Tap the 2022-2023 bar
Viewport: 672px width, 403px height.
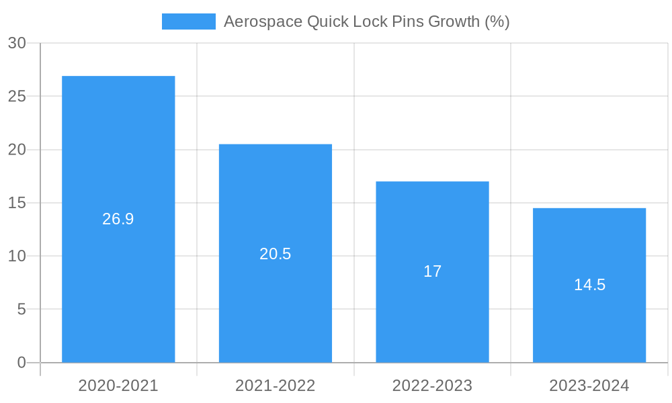[x=432, y=222]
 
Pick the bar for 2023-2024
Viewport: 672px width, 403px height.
[x=589, y=242]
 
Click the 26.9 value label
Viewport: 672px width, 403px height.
[x=118, y=219]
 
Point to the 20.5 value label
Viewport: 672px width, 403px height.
[x=276, y=254]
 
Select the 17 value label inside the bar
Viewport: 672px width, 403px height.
[x=432, y=271]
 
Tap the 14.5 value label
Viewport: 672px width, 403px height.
[x=589, y=285]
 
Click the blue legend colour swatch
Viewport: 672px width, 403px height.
[x=189, y=21]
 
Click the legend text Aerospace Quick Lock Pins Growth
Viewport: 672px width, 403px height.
[x=366, y=21]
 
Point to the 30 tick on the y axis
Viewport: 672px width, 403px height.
[x=17, y=43]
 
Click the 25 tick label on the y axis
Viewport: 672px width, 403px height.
[x=17, y=96]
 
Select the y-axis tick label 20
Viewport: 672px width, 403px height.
[x=17, y=150]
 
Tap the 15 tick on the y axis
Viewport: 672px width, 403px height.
[x=17, y=203]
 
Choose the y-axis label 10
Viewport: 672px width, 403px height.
[x=17, y=256]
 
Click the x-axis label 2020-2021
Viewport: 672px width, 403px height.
[x=118, y=386]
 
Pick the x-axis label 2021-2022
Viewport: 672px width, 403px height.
[x=276, y=386]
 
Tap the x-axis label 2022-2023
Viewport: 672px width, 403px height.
[x=432, y=386]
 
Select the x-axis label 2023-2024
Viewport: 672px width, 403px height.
[x=589, y=386]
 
